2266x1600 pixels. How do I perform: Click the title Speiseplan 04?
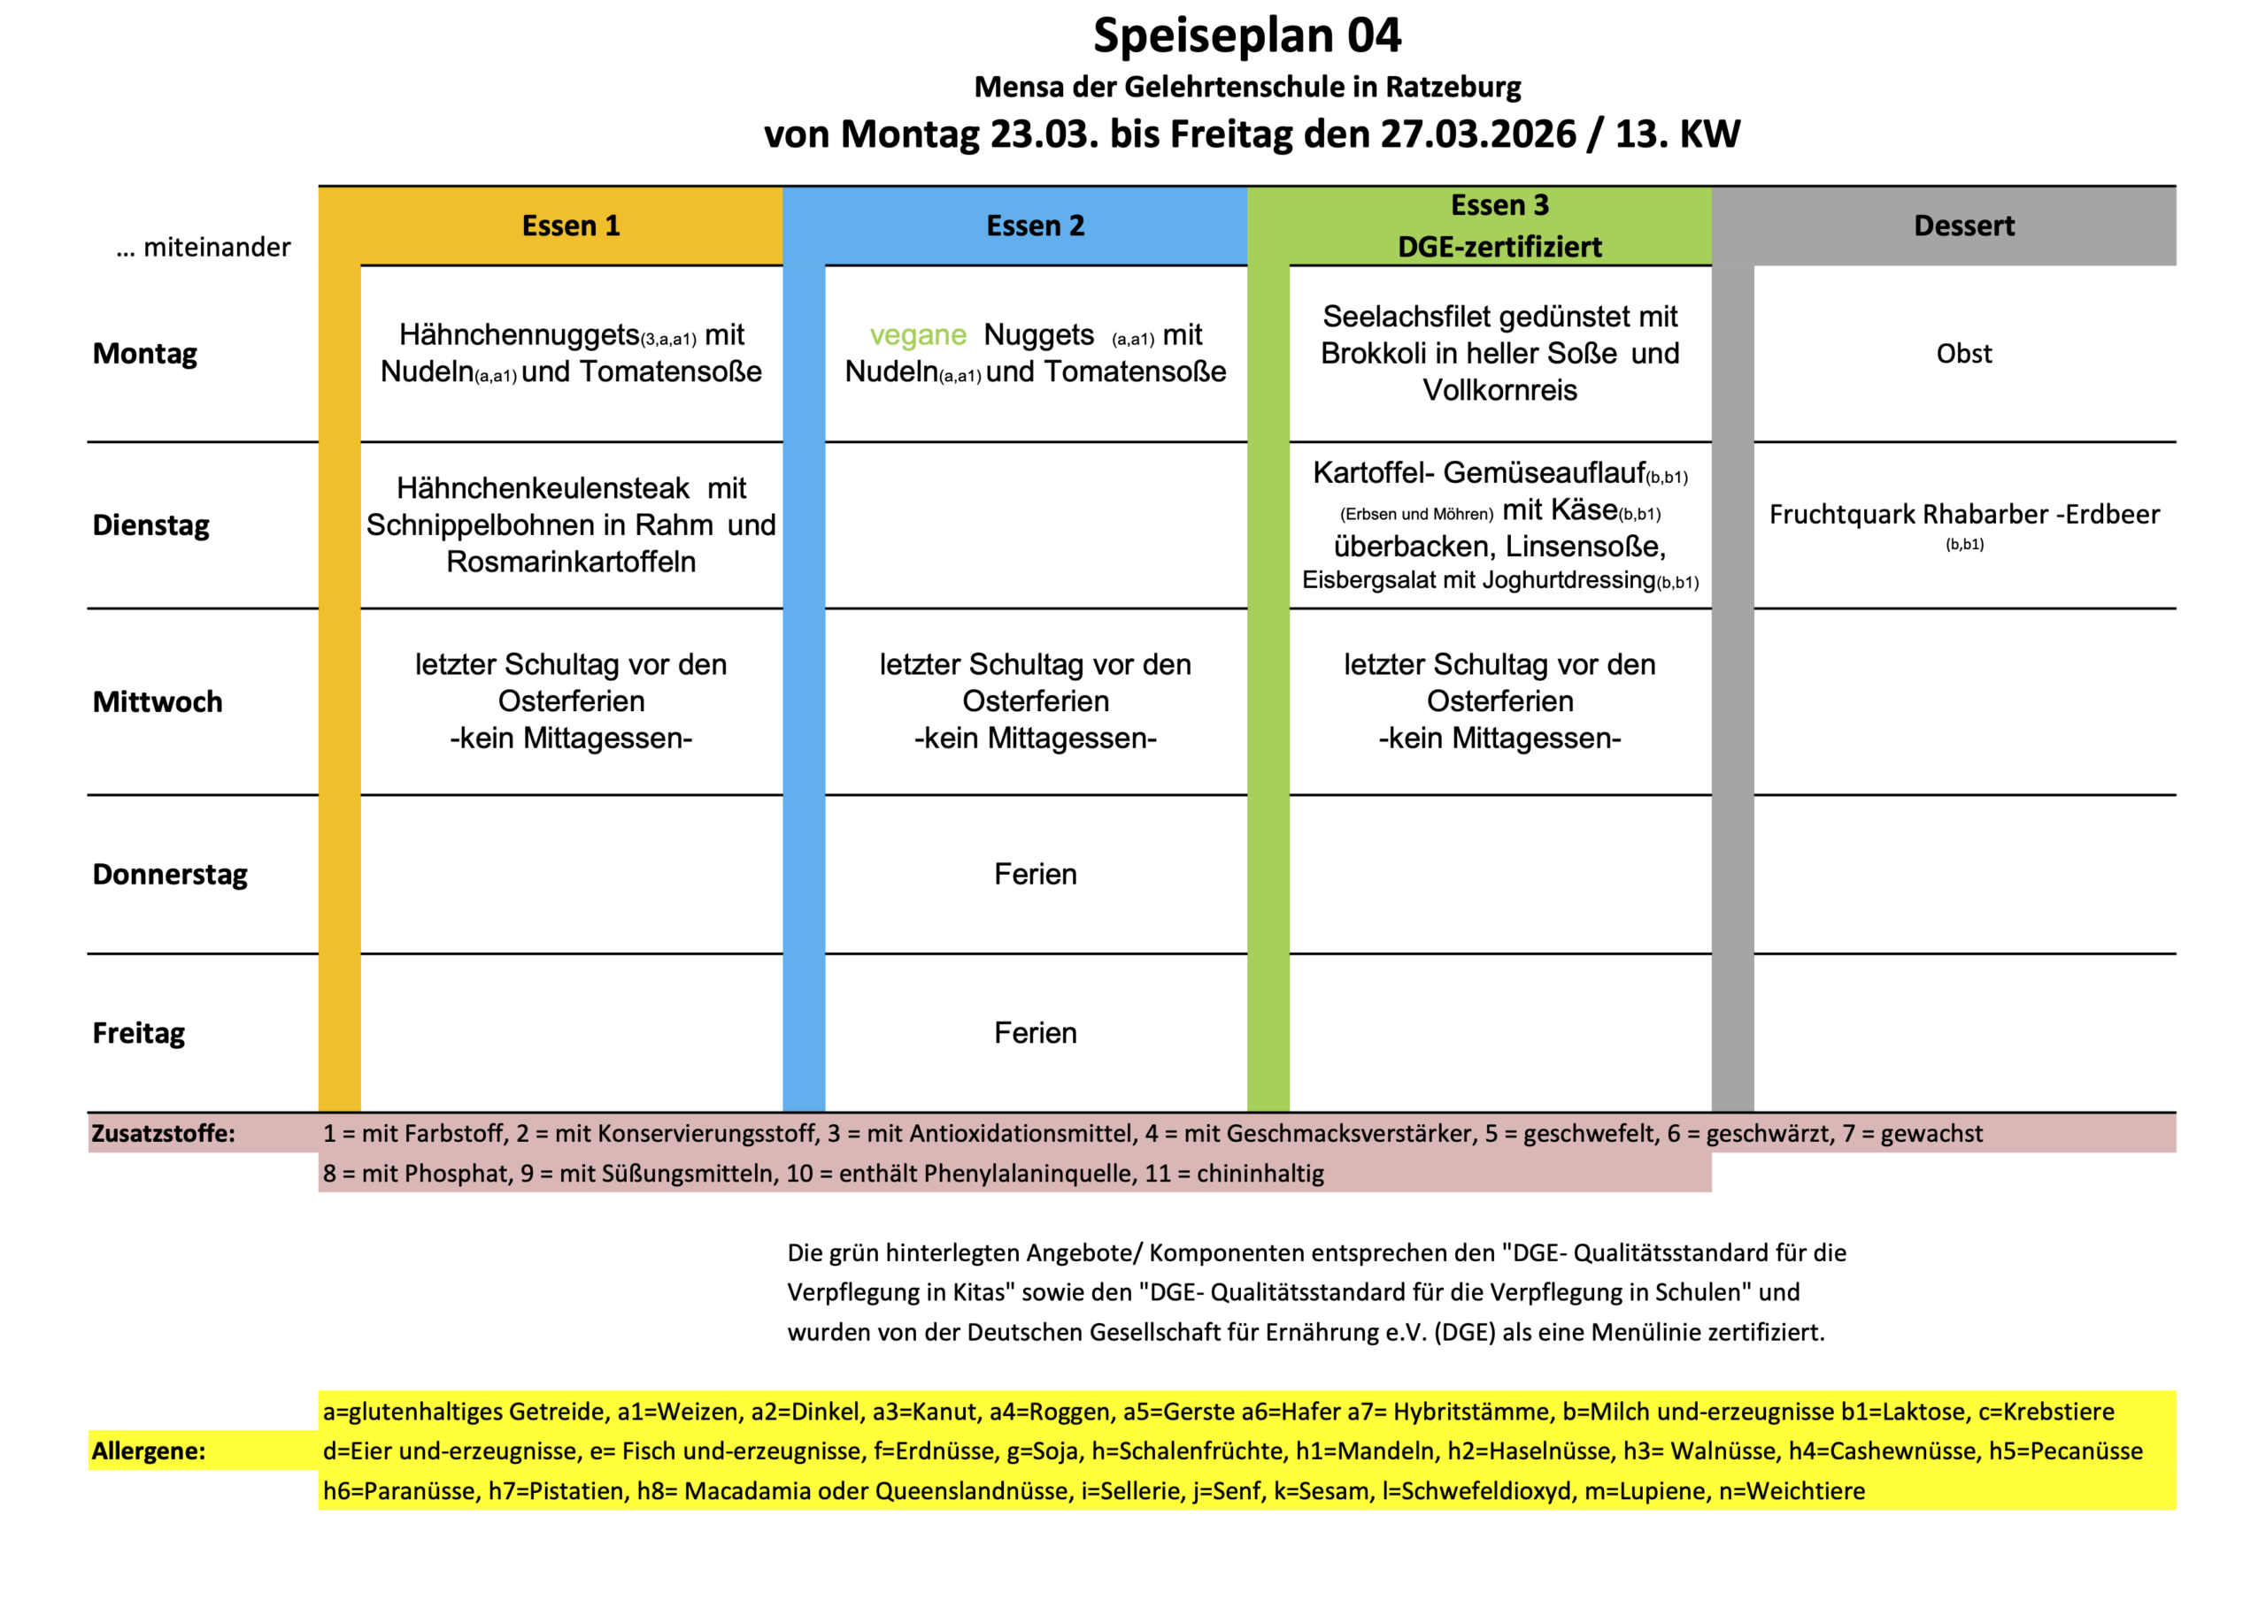pyautogui.click(x=1246, y=35)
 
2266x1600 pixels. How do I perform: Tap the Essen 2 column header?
pyautogui.click(x=1036, y=226)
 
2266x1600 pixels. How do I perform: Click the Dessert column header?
pyautogui.click(x=1963, y=226)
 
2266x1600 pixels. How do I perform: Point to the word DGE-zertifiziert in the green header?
pyautogui.click(x=1499, y=247)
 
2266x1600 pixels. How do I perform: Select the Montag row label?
pyautogui.click(x=145, y=353)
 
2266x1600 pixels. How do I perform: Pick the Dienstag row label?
pyautogui.click(x=151, y=524)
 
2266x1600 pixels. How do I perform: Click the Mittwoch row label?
pyautogui.click(x=158, y=701)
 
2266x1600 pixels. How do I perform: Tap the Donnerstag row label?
pyautogui.click(x=170, y=874)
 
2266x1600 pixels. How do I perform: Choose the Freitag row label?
pyautogui.click(x=139, y=1033)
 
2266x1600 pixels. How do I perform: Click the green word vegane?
pyautogui.click(x=917, y=335)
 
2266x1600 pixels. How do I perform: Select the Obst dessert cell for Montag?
pyautogui.click(x=1963, y=353)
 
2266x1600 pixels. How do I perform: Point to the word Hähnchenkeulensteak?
pyautogui.click(x=543, y=488)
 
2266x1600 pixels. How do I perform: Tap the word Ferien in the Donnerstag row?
pyautogui.click(x=1036, y=874)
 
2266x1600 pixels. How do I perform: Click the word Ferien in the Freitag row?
pyautogui.click(x=1036, y=1033)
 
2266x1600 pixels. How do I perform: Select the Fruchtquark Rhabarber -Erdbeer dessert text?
pyautogui.click(x=1963, y=514)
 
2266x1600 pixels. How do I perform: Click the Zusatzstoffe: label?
pyautogui.click(x=164, y=1133)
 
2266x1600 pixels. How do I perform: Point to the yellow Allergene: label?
pyautogui.click(x=149, y=1451)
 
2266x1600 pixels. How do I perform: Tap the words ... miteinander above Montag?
pyautogui.click(x=204, y=247)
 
